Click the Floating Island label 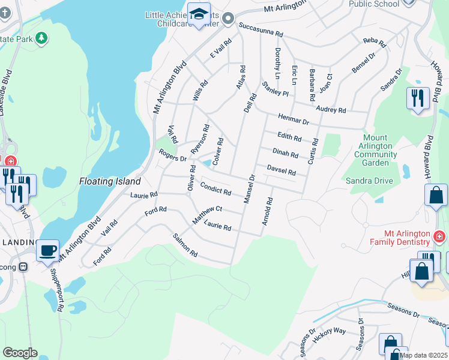point(110,181)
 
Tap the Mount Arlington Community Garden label point(376,150)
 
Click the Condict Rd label point(215,188)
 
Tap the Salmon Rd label point(185,246)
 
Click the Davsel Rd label point(281,170)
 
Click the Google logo point(20,353)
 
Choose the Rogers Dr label point(173,155)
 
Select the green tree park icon point(41,38)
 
